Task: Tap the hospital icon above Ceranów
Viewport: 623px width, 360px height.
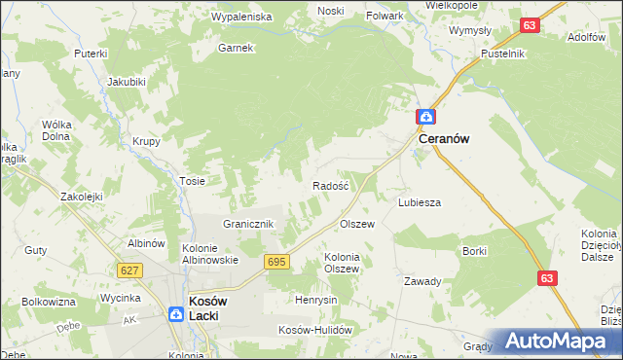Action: click(x=425, y=117)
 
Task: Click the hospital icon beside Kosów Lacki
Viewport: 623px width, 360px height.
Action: click(x=175, y=314)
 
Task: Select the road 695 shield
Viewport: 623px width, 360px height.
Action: click(x=275, y=262)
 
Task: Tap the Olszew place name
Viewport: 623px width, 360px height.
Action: click(x=356, y=224)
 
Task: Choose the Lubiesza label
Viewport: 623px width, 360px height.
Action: click(x=420, y=202)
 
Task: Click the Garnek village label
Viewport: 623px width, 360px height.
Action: click(x=236, y=48)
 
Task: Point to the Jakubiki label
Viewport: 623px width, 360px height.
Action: click(x=127, y=81)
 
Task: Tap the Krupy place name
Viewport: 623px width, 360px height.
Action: click(x=146, y=140)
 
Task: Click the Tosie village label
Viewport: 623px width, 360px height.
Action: click(x=192, y=181)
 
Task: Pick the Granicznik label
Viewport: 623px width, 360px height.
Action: click(x=251, y=224)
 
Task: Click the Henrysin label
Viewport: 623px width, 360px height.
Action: click(x=315, y=300)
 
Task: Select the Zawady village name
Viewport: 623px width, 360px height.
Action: click(x=422, y=281)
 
